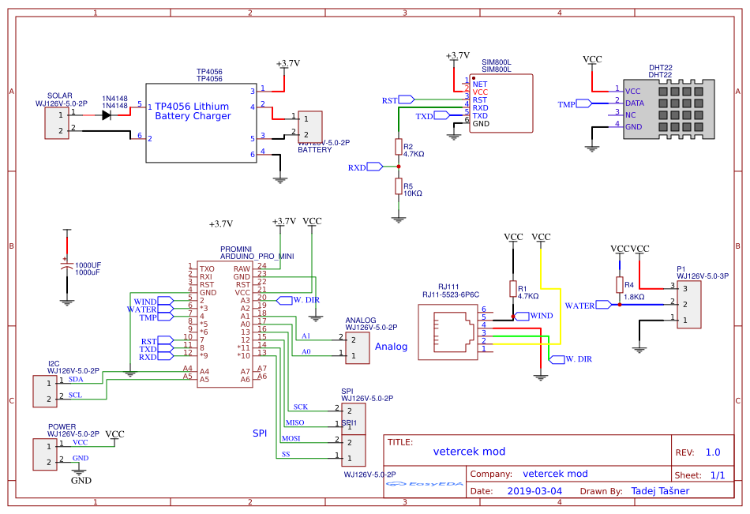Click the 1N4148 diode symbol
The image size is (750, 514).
(x=105, y=114)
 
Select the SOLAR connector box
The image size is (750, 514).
(x=56, y=123)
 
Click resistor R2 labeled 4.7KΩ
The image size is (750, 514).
(x=399, y=148)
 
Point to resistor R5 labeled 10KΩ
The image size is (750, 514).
(x=399, y=186)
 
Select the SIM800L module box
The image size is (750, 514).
(x=501, y=103)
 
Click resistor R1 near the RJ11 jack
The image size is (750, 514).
(x=513, y=289)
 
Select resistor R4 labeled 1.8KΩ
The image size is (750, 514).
(x=620, y=285)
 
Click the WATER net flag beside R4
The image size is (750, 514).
(x=604, y=305)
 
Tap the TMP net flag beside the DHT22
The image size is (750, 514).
(x=583, y=103)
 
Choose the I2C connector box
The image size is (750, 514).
(x=45, y=392)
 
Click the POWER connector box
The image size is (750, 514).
(x=45, y=454)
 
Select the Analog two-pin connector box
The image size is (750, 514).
(x=357, y=347)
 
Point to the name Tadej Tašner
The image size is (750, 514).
(x=660, y=491)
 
